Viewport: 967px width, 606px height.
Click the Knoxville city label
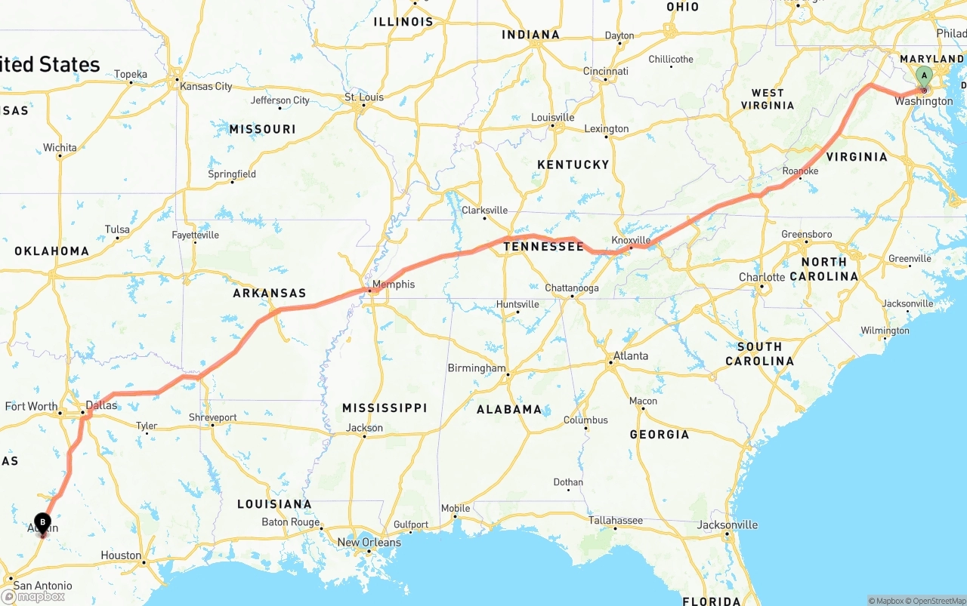631,240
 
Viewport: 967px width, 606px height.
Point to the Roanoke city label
800,171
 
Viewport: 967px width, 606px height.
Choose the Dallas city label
101,405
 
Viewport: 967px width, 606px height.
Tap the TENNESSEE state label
543,247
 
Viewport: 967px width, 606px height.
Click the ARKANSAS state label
269,293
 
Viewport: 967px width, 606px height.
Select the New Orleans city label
369,542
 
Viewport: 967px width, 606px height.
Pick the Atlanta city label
630,355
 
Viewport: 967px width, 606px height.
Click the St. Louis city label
363,97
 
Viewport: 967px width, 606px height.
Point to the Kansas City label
205,86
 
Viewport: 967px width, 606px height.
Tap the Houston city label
121,555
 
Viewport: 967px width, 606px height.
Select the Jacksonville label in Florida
728,524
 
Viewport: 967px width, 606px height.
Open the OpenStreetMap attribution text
938,601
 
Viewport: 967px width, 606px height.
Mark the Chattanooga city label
572,288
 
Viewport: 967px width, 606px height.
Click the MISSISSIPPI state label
385,408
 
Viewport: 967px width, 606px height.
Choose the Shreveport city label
212,417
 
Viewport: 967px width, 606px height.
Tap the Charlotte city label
762,277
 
